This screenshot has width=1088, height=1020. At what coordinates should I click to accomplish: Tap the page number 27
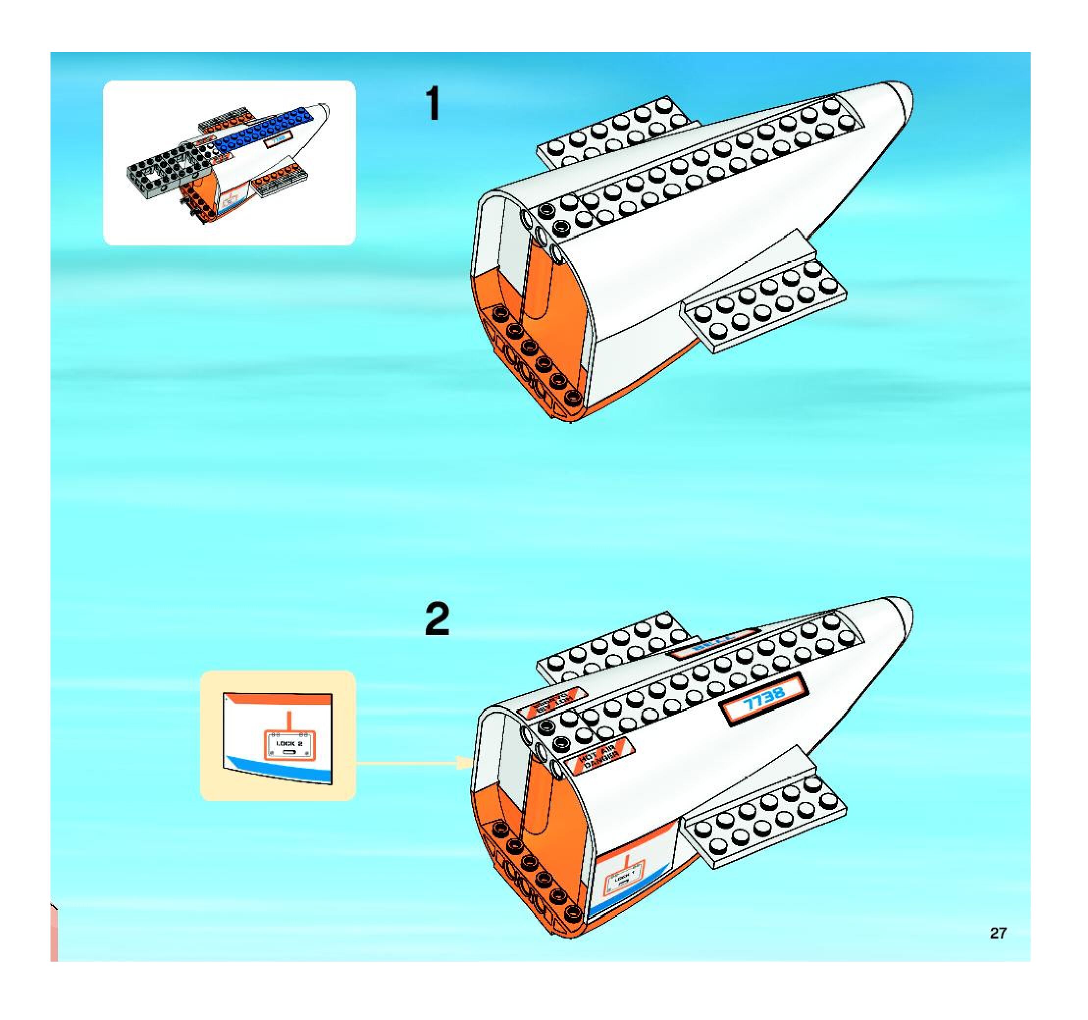(x=997, y=933)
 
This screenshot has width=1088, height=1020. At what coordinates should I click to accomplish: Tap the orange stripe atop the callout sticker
(x=279, y=699)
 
